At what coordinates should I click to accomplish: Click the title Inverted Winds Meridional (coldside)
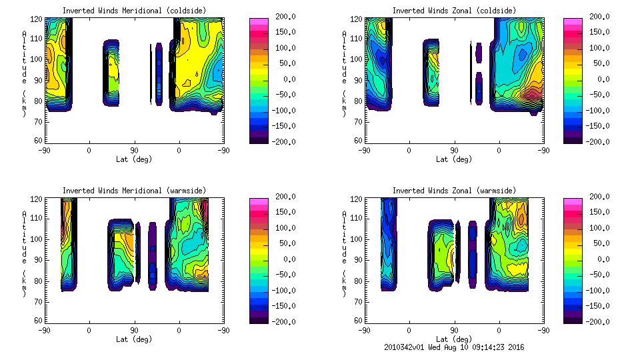click(134, 11)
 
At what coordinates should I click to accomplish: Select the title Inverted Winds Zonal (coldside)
click(453, 11)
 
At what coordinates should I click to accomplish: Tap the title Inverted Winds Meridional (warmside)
click(134, 191)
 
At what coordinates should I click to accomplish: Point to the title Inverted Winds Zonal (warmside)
click(453, 191)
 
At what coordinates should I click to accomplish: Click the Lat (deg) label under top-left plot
click(134, 159)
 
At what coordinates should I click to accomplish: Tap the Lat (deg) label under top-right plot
click(453, 159)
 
